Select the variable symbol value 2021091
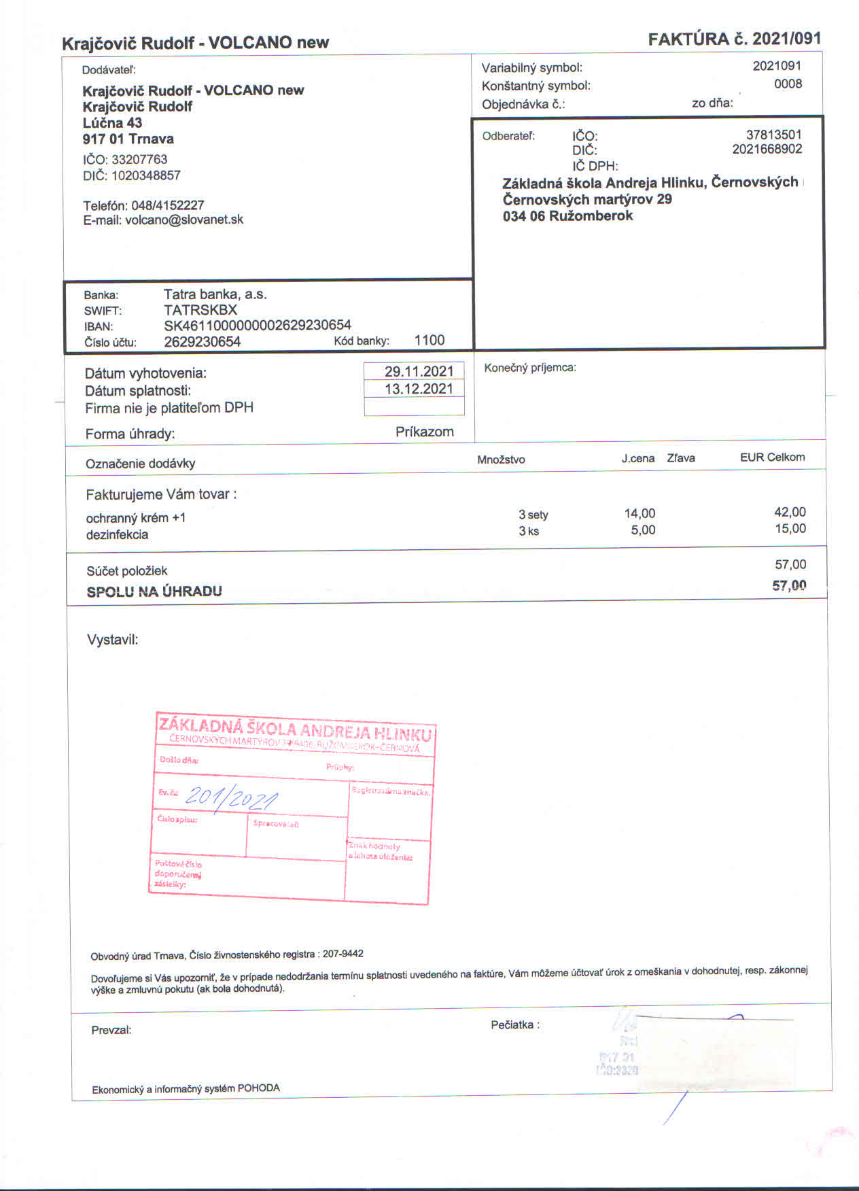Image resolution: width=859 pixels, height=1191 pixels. [x=777, y=66]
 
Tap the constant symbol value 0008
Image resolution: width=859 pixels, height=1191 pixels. [x=788, y=84]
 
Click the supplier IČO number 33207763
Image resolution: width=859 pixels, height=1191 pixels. [x=139, y=159]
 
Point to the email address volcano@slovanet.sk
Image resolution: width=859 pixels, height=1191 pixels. [x=184, y=220]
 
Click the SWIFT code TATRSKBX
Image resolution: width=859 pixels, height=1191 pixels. [x=200, y=310]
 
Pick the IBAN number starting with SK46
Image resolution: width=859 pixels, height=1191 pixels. [x=258, y=326]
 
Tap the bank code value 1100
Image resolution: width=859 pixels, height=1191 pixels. [x=429, y=341]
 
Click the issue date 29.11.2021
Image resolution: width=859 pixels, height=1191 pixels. [x=419, y=371]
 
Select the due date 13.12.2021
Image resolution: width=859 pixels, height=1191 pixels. [x=419, y=389]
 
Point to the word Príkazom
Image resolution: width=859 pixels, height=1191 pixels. [x=424, y=432]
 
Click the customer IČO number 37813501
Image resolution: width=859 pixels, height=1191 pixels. [x=773, y=135]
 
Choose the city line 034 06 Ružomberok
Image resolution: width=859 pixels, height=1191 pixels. [x=567, y=216]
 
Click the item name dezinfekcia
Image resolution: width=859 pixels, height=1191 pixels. [x=117, y=534]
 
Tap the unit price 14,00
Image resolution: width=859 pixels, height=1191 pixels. [x=639, y=513]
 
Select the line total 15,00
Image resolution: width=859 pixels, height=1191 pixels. [x=790, y=529]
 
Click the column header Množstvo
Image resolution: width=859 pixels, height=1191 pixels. [x=501, y=460]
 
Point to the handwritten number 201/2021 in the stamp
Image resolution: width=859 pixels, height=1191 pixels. [x=231, y=797]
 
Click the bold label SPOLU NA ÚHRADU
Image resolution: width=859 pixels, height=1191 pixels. [x=154, y=591]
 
